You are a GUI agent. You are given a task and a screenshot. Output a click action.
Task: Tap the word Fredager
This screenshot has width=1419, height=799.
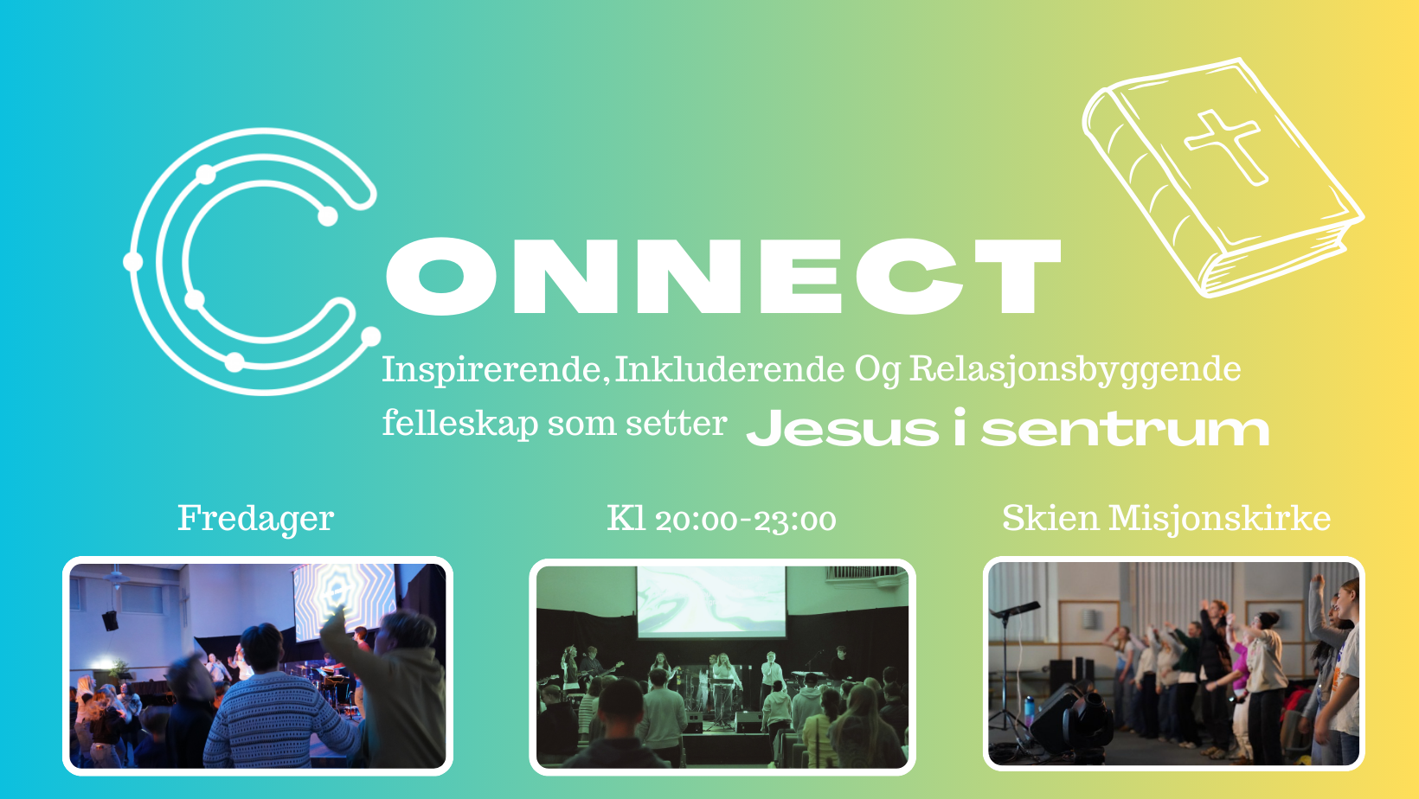point(255,519)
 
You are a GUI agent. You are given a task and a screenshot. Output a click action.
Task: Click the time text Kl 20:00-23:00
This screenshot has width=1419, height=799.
point(722,519)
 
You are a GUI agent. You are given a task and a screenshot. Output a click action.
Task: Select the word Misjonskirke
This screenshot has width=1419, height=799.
point(1219,519)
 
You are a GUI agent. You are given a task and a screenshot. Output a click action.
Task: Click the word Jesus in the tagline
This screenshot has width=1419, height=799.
point(843,428)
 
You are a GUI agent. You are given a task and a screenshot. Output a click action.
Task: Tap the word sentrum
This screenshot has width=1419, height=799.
point(1125,429)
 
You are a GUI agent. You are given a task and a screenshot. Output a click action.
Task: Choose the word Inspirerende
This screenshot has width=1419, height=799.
point(491,370)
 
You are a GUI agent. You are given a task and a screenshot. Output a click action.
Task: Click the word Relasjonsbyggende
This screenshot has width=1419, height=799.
point(1075,370)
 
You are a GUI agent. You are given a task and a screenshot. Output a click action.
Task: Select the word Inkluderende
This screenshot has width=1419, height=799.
point(729,369)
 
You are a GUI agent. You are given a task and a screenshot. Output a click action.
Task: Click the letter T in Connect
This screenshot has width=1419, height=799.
point(1018,275)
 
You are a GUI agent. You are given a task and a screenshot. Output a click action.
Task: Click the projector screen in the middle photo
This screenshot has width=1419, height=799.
point(710,601)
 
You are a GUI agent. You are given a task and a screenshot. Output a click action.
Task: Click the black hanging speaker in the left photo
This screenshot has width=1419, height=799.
point(110,621)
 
